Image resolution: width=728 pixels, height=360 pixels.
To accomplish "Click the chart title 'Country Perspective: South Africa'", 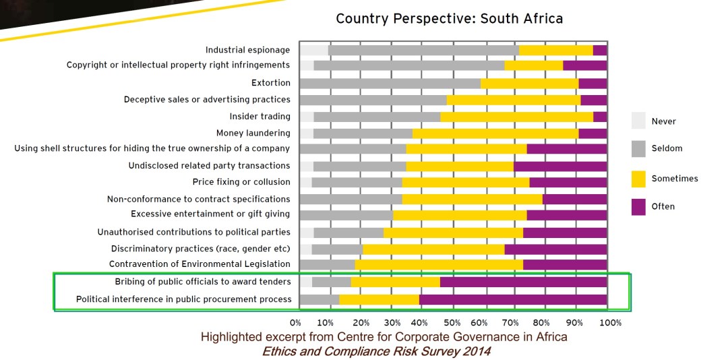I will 449,18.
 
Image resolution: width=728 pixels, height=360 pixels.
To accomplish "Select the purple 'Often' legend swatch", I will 638,207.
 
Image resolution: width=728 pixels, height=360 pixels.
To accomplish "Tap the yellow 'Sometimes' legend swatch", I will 638,179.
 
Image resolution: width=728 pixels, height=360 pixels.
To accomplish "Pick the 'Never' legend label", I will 663,121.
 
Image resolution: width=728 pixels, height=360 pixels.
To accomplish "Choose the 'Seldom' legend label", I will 667,148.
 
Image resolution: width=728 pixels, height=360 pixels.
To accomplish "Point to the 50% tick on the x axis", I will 453,323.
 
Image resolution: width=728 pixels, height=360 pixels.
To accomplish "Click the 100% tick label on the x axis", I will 609,323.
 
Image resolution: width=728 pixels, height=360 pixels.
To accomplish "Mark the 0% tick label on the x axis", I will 295,323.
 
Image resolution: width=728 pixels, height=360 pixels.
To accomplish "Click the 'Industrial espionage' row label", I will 247,50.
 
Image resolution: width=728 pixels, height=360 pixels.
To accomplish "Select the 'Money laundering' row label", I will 253,133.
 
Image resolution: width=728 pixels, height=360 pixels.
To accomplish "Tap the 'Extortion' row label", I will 270,83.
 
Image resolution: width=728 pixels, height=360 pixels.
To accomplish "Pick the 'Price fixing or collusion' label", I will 241,182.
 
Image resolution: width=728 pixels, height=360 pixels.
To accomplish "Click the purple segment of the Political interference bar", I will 513,299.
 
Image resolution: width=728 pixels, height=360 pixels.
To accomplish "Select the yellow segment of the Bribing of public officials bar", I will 395,282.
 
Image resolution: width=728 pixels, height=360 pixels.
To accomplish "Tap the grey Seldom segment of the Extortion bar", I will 390,83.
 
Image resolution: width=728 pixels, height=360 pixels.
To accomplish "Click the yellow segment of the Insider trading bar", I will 516,117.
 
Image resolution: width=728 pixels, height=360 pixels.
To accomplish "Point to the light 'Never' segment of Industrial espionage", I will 313,50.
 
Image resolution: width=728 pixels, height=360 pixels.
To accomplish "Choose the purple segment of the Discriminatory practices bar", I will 555,249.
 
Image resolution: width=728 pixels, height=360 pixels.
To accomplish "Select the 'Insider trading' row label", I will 260,117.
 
